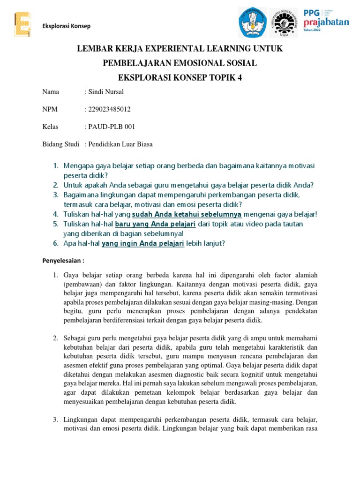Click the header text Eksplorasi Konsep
(67, 26)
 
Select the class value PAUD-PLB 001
(112, 127)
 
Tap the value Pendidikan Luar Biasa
(120, 144)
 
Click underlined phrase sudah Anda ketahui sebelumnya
(187, 214)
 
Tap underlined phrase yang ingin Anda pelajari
(143, 243)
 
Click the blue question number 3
(55, 195)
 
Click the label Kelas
(51, 127)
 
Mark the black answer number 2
(55, 338)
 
